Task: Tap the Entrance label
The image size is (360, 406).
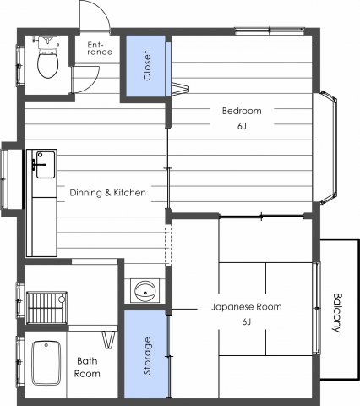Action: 99,48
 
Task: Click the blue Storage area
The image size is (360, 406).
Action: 147,355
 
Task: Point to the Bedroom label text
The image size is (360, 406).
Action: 241,111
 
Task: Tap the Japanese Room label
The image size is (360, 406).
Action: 246,307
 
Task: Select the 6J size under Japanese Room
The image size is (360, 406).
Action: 246,322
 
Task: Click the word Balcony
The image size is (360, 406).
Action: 337,312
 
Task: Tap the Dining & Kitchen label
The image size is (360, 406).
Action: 107,193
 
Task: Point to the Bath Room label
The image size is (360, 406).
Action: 87,366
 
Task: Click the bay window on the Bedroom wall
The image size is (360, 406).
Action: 328,150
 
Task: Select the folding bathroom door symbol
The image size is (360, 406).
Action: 108,340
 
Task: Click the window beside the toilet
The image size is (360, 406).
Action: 20,63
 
